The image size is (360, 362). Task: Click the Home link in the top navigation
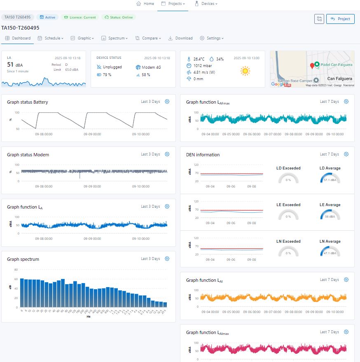pos(145,4)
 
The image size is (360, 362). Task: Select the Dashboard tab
pos(18,38)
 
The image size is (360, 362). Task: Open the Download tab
pos(180,38)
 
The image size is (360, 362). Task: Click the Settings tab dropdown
pos(212,38)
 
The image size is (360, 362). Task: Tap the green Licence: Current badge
pos(80,17)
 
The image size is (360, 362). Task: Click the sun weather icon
pos(245,71)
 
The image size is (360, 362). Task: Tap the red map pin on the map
pos(312,66)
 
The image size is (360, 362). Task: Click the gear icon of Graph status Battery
pos(167,102)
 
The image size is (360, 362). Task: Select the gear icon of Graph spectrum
pos(167,259)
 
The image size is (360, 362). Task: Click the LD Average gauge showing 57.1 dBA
pos(330,178)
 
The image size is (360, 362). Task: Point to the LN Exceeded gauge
pos(288,251)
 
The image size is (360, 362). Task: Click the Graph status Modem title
pos(28,155)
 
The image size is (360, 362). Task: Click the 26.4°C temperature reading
pos(199,59)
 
